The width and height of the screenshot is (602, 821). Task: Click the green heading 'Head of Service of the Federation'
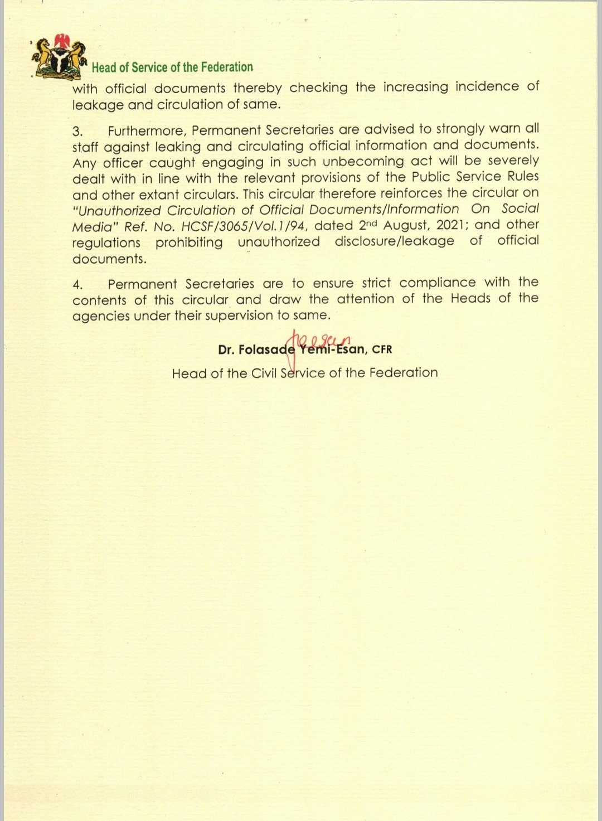[172, 67]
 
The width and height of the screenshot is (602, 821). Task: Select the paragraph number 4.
[77, 285]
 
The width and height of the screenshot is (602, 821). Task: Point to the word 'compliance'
[438, 283]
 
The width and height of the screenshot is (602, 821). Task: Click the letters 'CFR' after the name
[382, 349]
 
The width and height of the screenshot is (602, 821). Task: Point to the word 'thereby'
[258, 88]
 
